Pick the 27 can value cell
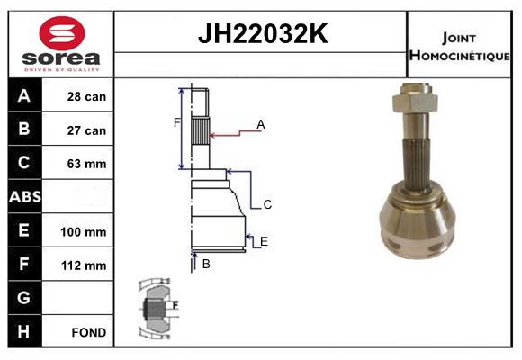87,130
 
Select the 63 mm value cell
87,164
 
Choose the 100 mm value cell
87,231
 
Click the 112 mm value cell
87,265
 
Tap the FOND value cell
87,332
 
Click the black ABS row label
24,197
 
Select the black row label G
24,298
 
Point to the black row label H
24,331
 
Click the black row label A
24,96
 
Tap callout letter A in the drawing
261,124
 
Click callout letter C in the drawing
267,205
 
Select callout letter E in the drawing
264,241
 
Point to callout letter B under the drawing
206,264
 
